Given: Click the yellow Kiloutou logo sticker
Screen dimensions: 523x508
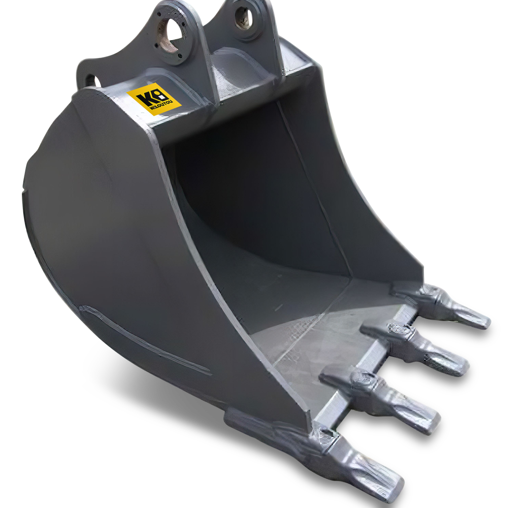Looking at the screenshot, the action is click(x=154, y=99).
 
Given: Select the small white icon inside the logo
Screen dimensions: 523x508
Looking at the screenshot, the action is click(x=162, y=94).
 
